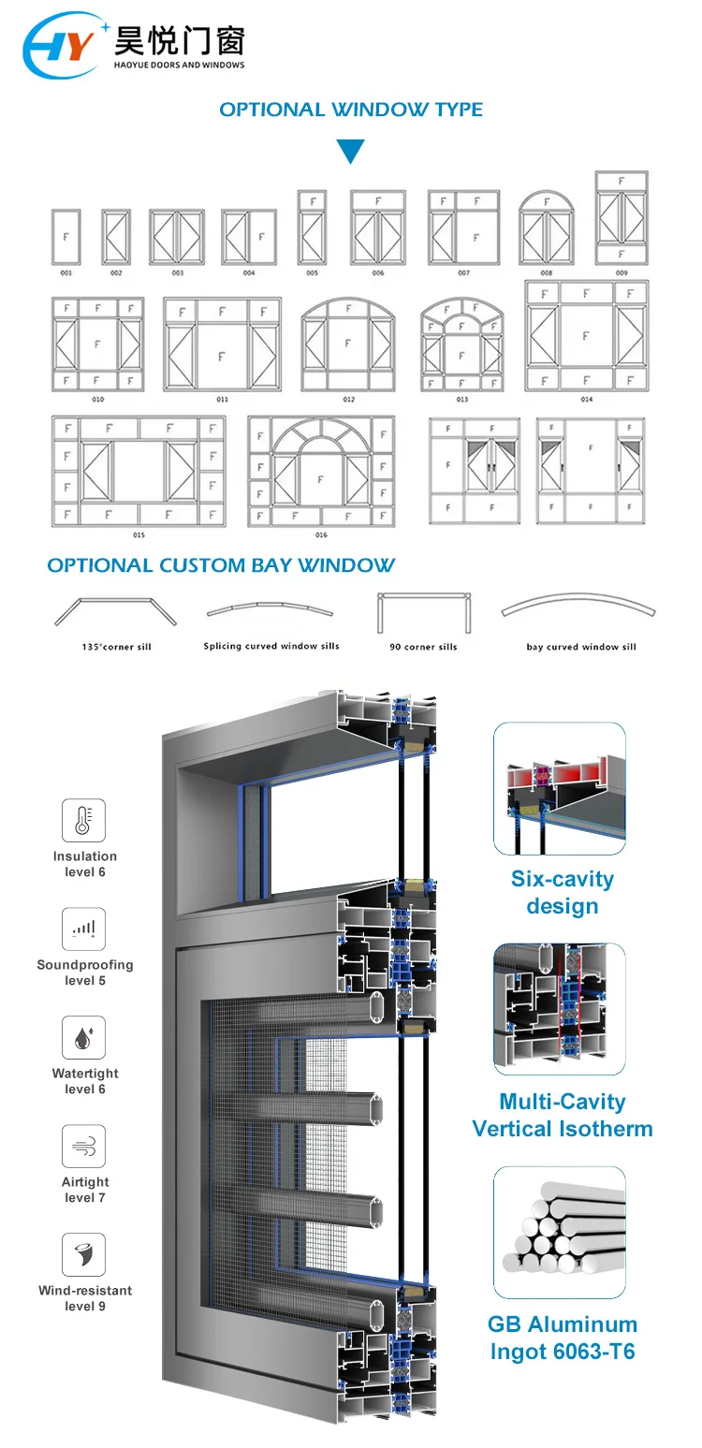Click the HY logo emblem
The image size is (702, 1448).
tap(60, 45)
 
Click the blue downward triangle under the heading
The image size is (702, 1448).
tap(351, 151)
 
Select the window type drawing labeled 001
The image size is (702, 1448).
tap(66, 236)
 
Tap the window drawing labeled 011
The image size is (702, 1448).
tap(222, 344)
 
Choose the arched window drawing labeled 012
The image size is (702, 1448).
tap(348, 344)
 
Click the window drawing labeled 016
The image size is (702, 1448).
tap(321, 471)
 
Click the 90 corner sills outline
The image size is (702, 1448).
tap(423, 612)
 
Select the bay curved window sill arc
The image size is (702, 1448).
tap(580, 608)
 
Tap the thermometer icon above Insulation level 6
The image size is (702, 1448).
tap(84, 821)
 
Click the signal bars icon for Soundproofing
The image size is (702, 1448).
tap(84, 929)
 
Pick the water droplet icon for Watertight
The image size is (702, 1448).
tap(84, 1038)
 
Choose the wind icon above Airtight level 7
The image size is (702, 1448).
tap(84, 1147)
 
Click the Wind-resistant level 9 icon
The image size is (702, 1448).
tap(84, 1255)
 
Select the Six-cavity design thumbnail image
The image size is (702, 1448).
tap(560, 788)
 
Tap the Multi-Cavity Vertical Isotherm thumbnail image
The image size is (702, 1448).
tap(560, 1009)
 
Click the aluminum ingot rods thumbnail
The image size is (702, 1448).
tap(560, 1232)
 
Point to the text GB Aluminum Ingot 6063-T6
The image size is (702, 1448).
tap(562, 1338)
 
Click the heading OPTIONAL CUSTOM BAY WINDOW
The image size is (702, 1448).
tap(221, 565)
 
